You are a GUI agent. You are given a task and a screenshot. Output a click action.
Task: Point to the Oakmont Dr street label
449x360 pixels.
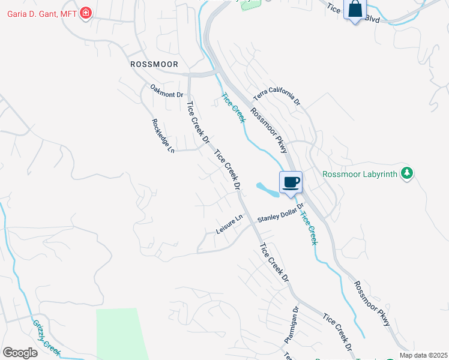[x=166, y=91]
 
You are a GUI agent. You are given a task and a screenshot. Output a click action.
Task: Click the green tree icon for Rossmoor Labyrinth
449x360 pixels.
[x=408, y=173]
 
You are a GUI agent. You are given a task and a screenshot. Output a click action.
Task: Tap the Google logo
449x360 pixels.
[x=20, y=353]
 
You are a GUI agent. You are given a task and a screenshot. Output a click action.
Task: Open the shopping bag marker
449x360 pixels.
[x=355, y=10]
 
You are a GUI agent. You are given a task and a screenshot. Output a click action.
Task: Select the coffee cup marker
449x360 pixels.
[x=291, y=182]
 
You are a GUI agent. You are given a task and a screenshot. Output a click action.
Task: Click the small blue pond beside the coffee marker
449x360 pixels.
[x=267, y=189]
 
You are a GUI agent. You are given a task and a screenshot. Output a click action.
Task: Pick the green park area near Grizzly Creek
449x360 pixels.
[x=120, y=333]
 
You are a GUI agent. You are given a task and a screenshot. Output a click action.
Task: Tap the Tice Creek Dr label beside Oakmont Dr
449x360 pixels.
[x=198, y=123]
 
